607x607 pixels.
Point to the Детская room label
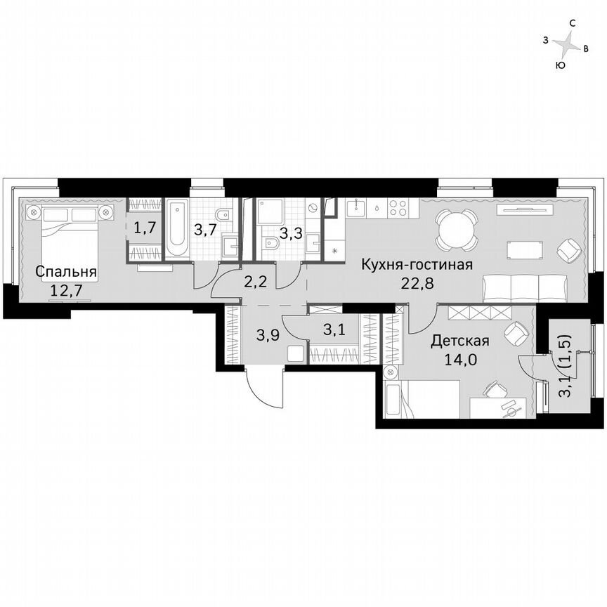click(x=460, y=341)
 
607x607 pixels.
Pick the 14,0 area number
click(x=460, y=358)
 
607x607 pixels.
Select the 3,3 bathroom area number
click(x=290, y=234)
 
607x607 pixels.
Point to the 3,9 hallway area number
click(x=266, y=335)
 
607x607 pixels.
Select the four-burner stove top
click(x=399, y=207)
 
